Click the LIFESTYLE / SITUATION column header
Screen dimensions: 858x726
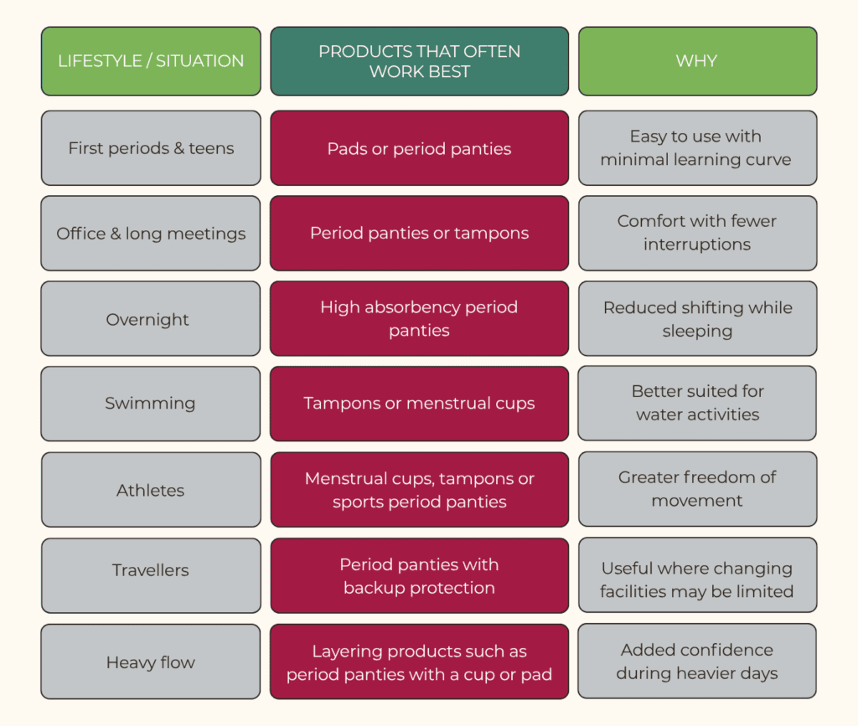pyautogui.click(x=151, y=61)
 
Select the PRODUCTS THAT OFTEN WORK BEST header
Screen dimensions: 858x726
pyautogui.click(x=419, y=61)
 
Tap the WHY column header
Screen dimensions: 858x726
pyautogui.click(x=698, y=61)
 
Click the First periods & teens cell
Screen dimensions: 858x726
pyautogui.click(x=151, y=148)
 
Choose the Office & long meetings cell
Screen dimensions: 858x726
pyautogui.click(x=151, y=234)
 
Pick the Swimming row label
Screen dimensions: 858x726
pyautogui.click(x=150, y=404)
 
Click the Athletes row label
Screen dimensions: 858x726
pyautogui.click(x=151, y=491)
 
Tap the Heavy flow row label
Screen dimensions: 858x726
pyautogui.click(x=151, y=662)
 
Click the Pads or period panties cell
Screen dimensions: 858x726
pyautogui.click(x=419, y=148)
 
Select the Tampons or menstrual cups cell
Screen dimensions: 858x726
pyautogui.click(x=419, y=404)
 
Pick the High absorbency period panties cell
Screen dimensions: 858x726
pyautogui.click(x=419, y=319)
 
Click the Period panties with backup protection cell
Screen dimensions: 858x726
pyautogui.click(x=419, y=575)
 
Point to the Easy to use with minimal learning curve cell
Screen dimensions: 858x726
pyautogui.click(x=698, y=148)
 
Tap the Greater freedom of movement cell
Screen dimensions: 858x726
pyautogui.click(x=698, y=489)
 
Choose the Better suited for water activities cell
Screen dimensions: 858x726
pyautogui.click(x=698, y=404)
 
